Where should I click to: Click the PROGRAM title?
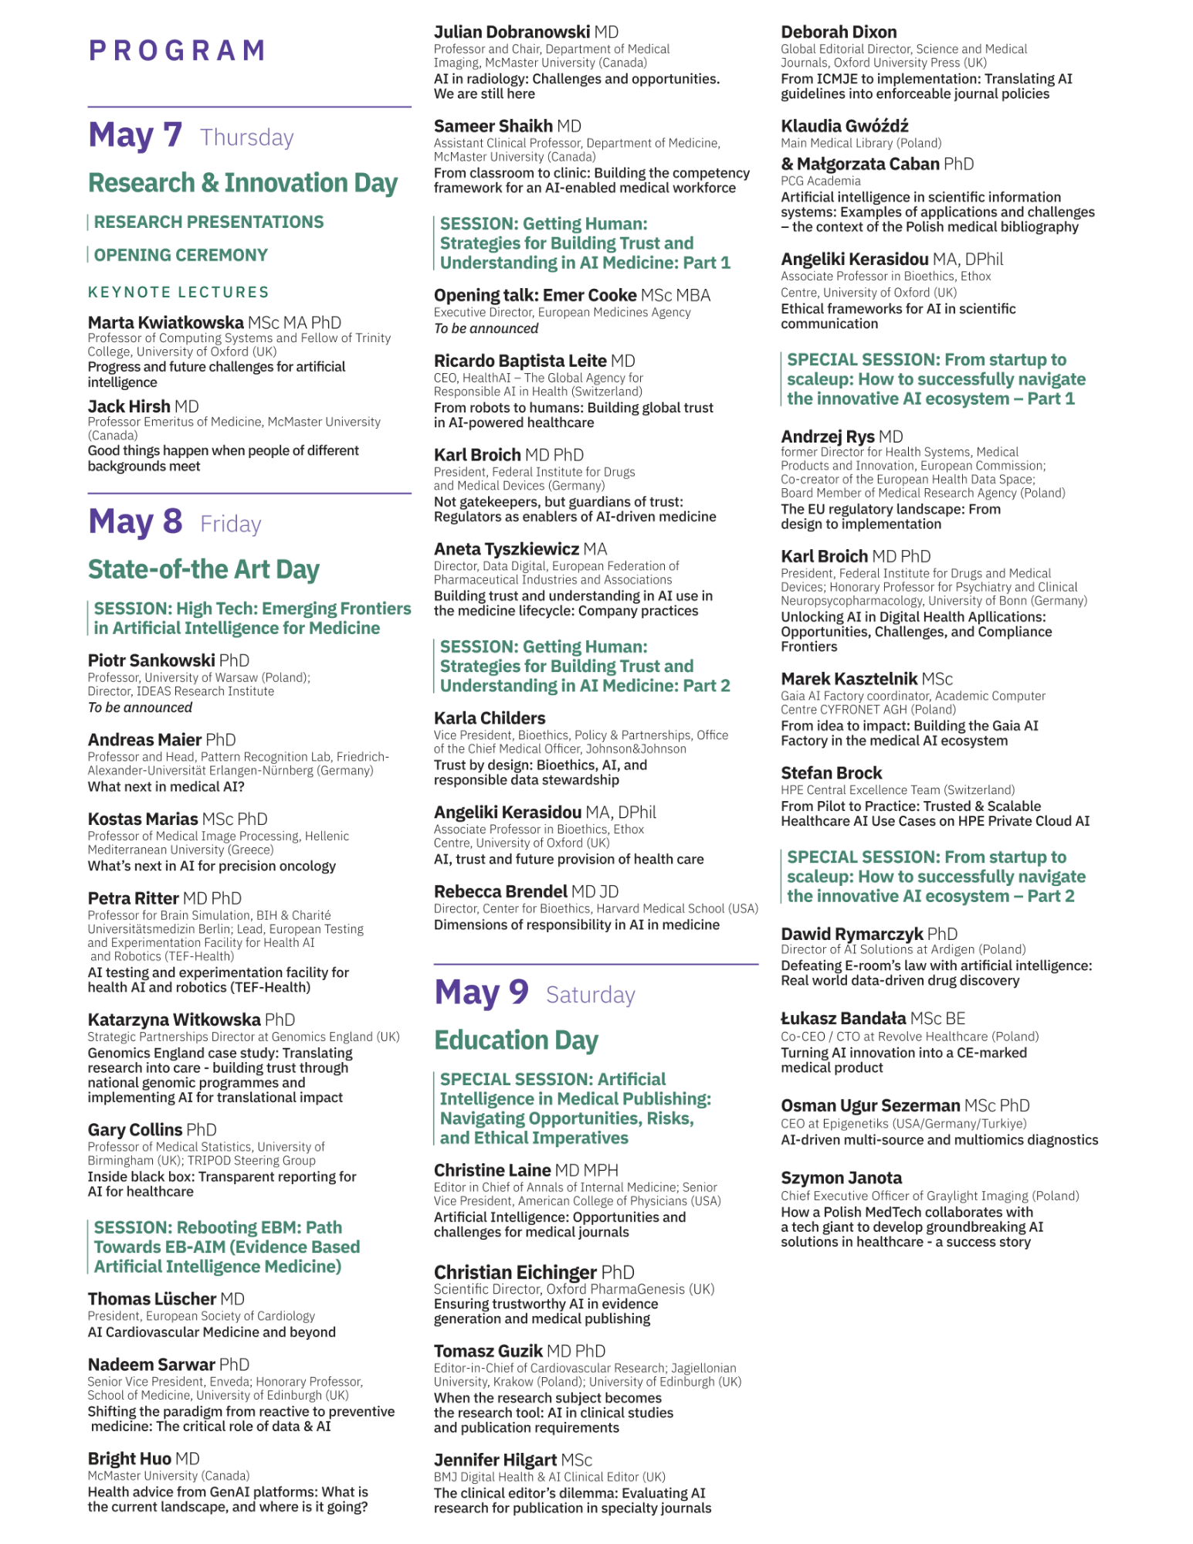pyautogui.click(x=177, y=51)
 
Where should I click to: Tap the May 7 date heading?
pyautogui.click(x=135, y=135)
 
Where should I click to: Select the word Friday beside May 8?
pyautogui.click(x=230, y=524)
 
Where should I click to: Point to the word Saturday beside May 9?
pyautogui.click(x=590, y=995)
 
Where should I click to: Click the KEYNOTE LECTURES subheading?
pyautogui.click(x=178, y=292)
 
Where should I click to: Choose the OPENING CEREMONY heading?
pyautogui.click(x=181, y=255)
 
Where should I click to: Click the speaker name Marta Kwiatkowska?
pyautogui.click(x=165, y=322)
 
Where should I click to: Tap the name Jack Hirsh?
pyautogui.click(x=129, y=406)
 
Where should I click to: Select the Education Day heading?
pyautogui.click(x=516, y=1040)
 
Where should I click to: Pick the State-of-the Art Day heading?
pyautogui.click(x=203, y=569)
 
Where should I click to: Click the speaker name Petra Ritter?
pyautogui.click(x=133, y=898)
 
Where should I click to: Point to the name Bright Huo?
pyautogui.click(x=129, y=1458)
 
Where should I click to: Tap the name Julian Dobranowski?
pyautogui.click(x=511, y=32)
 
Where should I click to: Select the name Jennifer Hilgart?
pyautogui.click(x=495, y=1460)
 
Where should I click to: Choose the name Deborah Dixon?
pyautogui.click(x=839, y=32)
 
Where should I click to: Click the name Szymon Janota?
pyautogui.click(x=841, y=1178)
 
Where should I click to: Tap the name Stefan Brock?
pyautogui.click(x=831, y=773)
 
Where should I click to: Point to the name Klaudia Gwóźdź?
pyautogui.click(x=844, y=126)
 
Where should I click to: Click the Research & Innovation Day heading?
pyautogui.click(x=242, y=183)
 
